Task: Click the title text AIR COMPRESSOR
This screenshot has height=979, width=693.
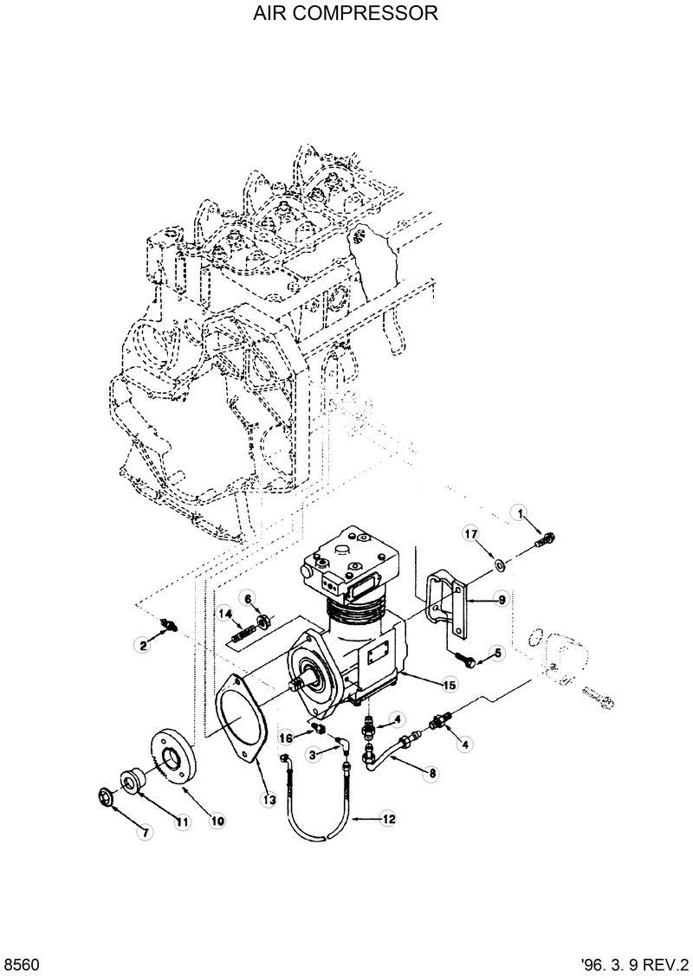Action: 346,15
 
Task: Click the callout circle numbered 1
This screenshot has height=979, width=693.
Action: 522,514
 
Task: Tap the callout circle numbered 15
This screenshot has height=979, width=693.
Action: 450,685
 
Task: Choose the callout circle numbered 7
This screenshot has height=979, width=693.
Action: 146,833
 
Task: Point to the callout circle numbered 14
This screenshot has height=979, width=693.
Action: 224,614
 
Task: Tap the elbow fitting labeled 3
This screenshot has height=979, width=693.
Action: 344,744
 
